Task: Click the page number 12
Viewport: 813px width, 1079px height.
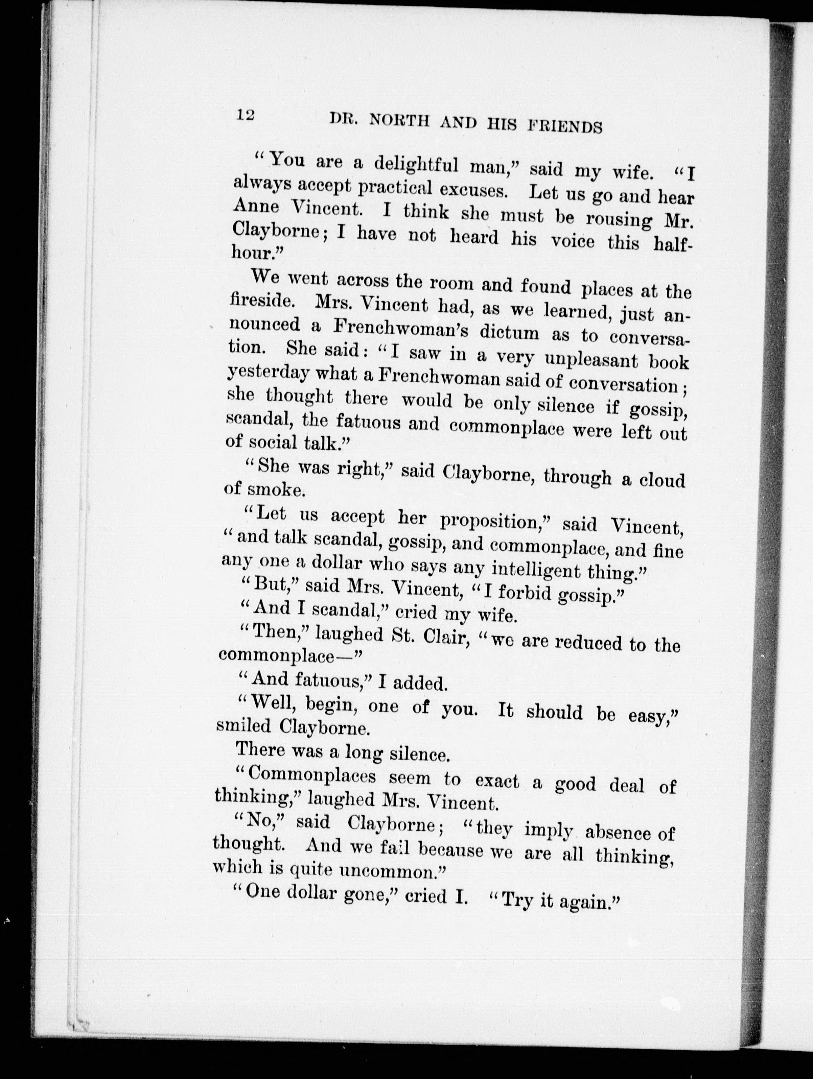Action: click(246, 115)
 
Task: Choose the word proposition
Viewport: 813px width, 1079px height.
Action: click(495, 521)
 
